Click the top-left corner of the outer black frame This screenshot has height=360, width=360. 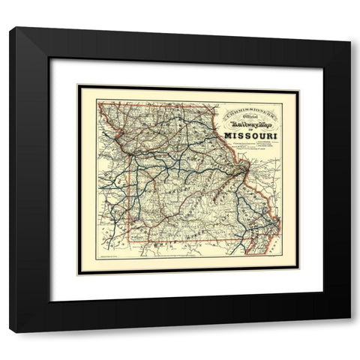pos(10,28)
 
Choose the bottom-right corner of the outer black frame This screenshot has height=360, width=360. pos(351,332)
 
